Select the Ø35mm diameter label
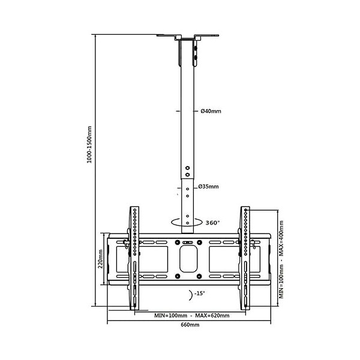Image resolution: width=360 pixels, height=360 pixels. [x=210, y=187]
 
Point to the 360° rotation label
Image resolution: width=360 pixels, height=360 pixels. [x=213, y=223]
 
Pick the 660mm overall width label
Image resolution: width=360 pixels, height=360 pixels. [x=190, y=325]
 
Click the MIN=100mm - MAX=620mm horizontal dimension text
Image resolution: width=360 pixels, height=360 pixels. [x=191, y=314]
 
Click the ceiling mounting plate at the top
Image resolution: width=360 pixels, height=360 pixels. [x=188, y=36]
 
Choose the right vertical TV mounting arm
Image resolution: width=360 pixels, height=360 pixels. [x=245, y=258]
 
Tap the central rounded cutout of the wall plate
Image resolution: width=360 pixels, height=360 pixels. [x=188, y=258]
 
